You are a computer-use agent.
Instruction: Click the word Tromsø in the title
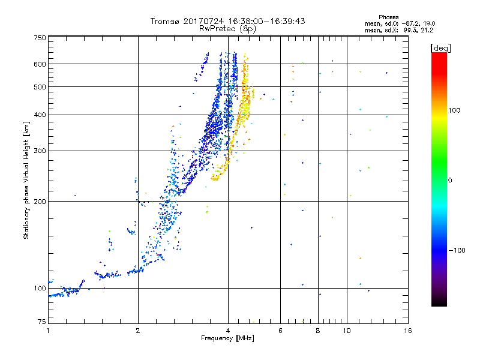[165, 21]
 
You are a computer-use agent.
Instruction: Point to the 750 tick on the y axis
[40, 38]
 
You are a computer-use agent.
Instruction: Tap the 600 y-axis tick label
[40, 64]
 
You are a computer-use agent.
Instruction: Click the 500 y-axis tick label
[40, 87]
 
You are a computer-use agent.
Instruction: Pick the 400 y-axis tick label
[40, 115]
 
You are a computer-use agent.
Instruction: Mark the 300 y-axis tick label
[40, 151]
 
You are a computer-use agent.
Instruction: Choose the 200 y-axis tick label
[40, 201]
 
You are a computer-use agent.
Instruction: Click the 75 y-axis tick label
[41, 323]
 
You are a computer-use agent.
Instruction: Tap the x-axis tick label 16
[407, 331]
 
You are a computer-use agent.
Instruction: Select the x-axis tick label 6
[280, 331]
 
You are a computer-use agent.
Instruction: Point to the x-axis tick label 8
[318, 331]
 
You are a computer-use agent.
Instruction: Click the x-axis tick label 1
[48, 331]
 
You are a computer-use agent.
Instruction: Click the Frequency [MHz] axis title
[228, 339]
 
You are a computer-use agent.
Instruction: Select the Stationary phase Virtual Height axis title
[26, 180]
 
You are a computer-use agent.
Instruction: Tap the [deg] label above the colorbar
[441, 47]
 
